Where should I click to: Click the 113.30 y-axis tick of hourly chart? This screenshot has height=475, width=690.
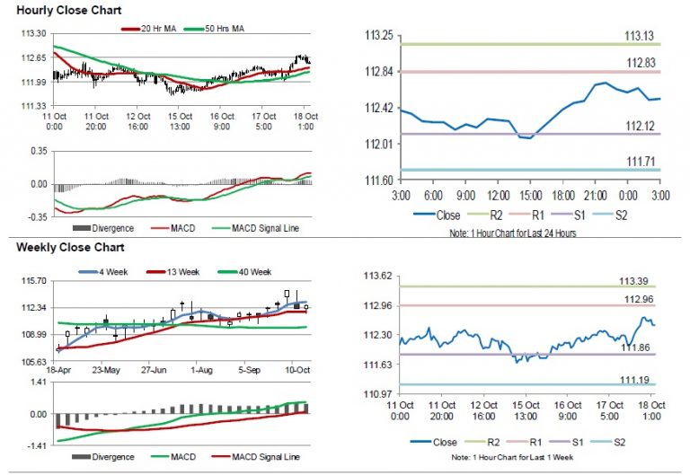pos(32,33)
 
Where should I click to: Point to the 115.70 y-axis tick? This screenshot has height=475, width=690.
pos(32,281)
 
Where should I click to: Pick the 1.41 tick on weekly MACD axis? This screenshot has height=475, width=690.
pos(37,383)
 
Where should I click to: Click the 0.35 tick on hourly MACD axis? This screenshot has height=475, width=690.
pos(37,152)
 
